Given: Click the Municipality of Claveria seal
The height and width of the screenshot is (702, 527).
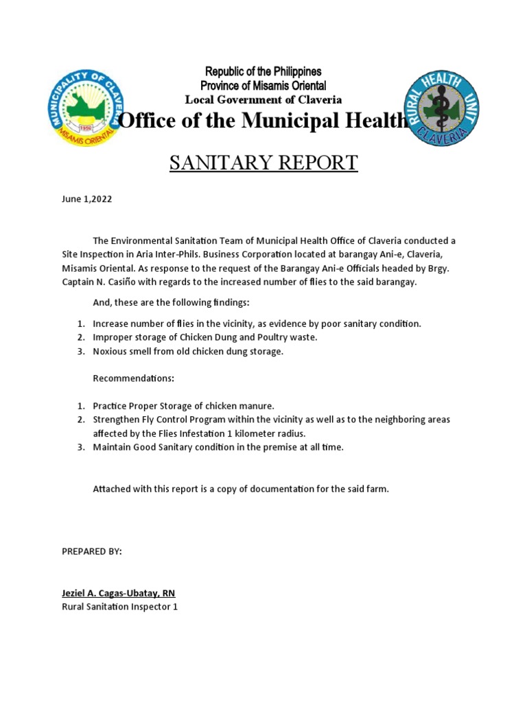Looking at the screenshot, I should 86,108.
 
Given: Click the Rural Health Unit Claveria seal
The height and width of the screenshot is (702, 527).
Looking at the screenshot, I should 441,108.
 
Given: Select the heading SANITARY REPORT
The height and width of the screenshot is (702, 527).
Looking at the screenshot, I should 263,163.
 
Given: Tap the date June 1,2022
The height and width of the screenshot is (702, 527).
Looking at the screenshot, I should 86,199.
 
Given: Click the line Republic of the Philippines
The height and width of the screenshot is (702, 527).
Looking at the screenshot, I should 263,71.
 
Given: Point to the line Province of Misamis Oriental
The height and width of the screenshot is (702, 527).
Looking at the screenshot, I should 263,85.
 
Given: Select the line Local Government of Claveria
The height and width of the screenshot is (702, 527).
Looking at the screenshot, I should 263,99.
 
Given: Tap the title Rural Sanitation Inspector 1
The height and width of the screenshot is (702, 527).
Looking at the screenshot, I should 119,607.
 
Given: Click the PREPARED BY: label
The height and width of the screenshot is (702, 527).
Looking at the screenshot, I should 92,551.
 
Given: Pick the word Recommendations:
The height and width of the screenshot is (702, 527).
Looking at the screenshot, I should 133,378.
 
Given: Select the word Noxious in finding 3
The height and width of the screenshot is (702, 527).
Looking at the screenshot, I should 110,351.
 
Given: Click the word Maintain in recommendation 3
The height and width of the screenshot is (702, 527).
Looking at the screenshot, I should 112,447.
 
